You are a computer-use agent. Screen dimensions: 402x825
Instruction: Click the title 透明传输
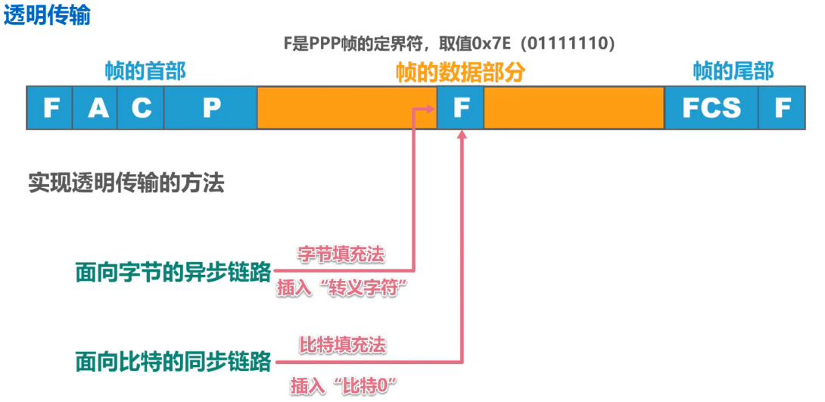(47, 16)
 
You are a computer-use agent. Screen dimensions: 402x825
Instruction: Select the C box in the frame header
(141, 108)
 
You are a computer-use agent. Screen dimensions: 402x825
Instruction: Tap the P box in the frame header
(210, 108)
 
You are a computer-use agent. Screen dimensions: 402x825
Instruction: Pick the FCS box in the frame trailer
(711, 108)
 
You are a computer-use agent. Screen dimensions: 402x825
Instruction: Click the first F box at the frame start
(51, 108)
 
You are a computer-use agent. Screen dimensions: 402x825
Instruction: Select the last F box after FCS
(782, 108)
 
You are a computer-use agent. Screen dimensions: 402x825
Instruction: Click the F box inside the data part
(460, 108)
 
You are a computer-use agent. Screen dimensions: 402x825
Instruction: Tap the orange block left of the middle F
(347, 108)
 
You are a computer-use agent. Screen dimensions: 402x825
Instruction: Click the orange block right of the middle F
(574, 108)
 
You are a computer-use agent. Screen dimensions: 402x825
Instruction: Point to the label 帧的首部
(145, 72)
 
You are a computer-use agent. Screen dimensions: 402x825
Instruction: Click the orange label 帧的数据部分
(460, 73)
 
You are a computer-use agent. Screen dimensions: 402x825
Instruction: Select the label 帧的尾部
(733, 72)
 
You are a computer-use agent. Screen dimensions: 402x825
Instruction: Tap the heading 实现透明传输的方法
(126, 183)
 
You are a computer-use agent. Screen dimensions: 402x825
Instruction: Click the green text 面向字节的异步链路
(173, 273)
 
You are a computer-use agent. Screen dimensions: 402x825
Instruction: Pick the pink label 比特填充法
(343, 345)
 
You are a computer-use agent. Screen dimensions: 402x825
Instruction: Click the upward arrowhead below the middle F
(462, 134)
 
